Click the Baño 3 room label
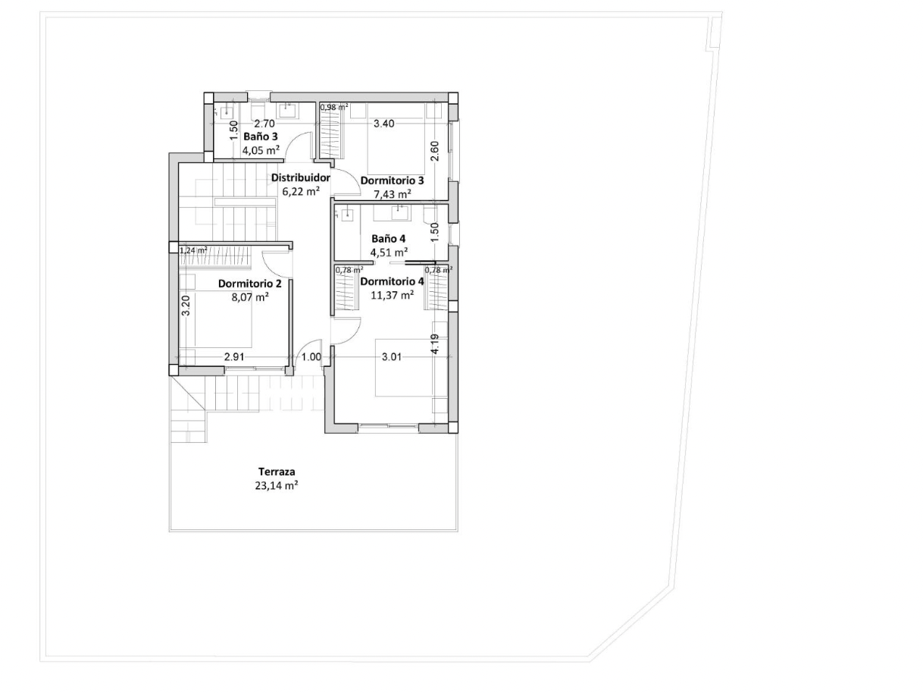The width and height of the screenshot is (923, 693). pyautogui.click(x=261, y=136)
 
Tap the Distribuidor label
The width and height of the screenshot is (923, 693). pyautogui.click(x=301, y=178)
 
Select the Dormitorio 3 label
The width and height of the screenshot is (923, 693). pyautogui.click(x=393, y=181)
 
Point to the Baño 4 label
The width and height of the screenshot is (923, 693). pyautogui.click(x=389, y=239)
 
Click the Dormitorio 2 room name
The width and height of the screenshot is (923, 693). pyautogui.click(x=250, y=284)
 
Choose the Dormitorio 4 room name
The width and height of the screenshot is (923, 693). pyautogui.click(x=393, y=281)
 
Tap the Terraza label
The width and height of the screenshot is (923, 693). pyautogui.click(x=277, y=472)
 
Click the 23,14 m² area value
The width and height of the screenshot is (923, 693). pyautogui.click(x=277, y=486)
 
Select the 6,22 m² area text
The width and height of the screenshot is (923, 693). pyautogui.click(x=301, y=192)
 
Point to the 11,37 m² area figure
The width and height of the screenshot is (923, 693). pyautogui.click(x=393, y=296)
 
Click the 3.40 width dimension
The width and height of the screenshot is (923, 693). pyautogui.click(x=384, y=124)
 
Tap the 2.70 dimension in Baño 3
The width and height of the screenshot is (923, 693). pyautogui.click(x=265, y=124)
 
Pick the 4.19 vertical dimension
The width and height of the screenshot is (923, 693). pyautogui.click(x=435, y=343)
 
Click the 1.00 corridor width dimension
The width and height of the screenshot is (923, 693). pyautogui.click(x=311, y=357)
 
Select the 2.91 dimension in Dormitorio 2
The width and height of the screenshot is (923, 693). pyautogui.click(x=234, y=357)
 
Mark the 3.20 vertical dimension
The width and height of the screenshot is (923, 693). pyautogui.click(x=186, y=306)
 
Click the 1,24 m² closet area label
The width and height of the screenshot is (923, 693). pyautogui.click(x=193, y=250)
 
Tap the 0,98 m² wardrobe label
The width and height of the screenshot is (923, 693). pyautogui.click(x=334, y=107)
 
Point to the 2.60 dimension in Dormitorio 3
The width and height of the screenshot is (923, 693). pyautogui.click(x=435, y=151)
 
